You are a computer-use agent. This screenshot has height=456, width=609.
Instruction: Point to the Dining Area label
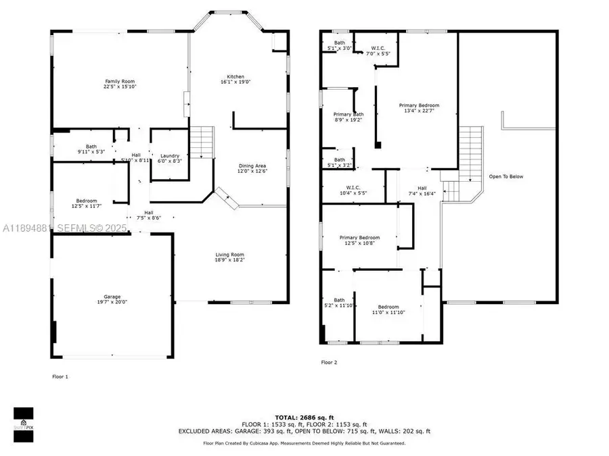252,168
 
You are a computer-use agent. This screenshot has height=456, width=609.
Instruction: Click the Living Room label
229,256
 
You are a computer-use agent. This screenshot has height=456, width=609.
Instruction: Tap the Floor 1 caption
60,376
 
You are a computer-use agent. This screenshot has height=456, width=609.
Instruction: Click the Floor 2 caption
329,363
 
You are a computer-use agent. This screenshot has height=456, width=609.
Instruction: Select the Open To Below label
506,176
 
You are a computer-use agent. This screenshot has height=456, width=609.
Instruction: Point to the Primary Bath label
348,117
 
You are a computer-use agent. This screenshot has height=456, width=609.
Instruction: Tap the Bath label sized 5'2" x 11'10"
339,302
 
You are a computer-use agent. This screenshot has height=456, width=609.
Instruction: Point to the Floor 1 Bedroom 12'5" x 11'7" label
87,203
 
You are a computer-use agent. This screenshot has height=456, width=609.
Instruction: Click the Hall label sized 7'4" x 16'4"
422,191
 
